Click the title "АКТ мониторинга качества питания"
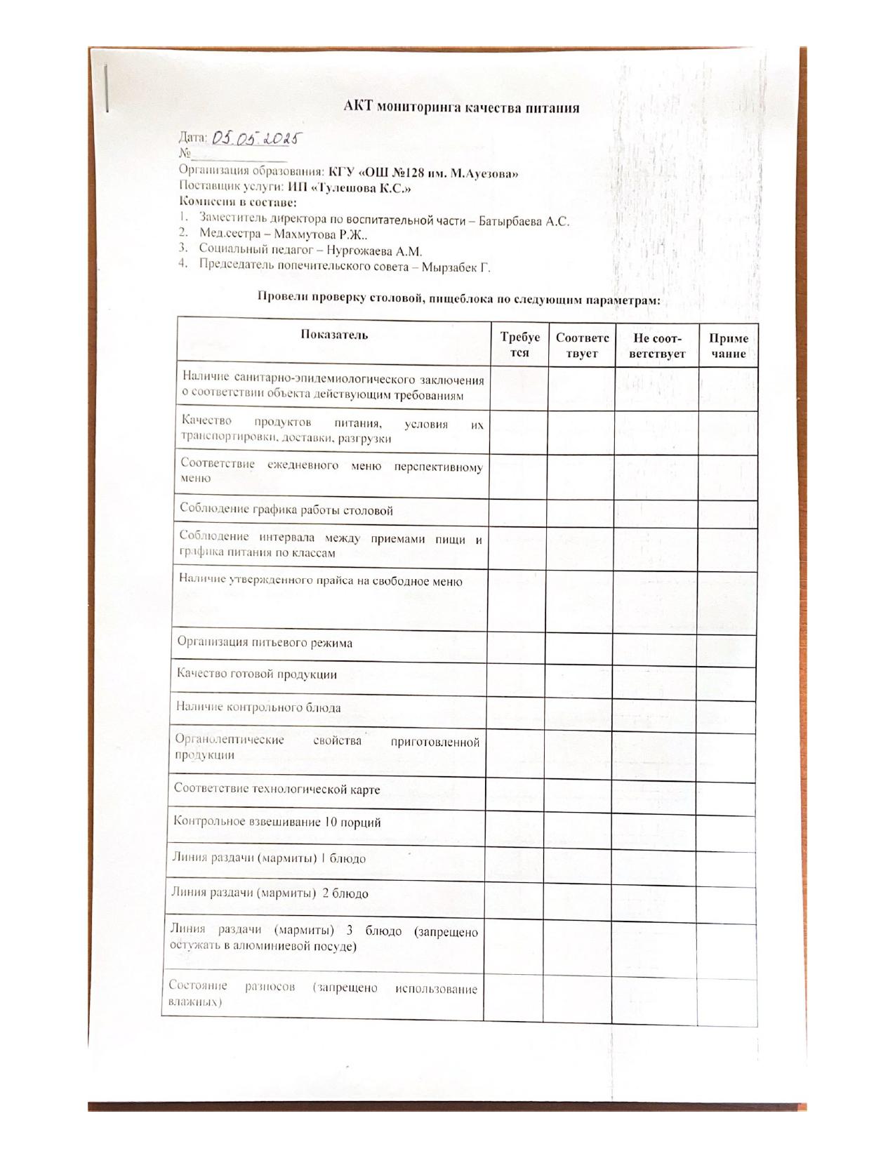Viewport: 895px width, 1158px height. pos(461,107)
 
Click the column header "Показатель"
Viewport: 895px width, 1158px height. pos(334,335)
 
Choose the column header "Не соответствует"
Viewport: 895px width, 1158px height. pos(657,345)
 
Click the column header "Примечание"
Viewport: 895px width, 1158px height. pos(729,346)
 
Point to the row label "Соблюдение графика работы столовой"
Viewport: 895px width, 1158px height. pos(286,510)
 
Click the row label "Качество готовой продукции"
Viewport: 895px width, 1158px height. pos(256,674)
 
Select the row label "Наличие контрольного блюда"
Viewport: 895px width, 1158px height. pos(258,707)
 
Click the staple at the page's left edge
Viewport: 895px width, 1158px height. pos(107,88)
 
